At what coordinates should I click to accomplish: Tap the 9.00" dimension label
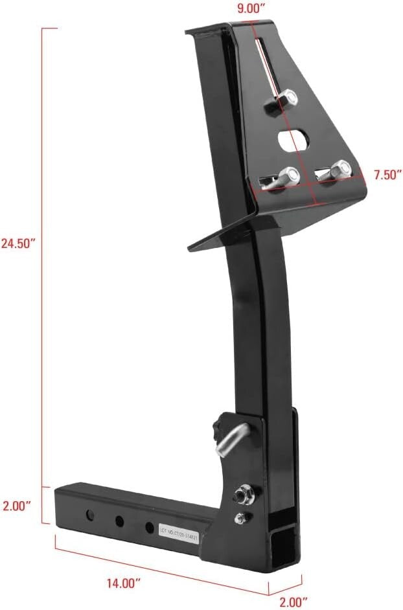pos(251,9)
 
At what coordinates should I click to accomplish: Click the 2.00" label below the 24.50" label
pos(17,504)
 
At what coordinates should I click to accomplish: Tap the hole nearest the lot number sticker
pos(150,527)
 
